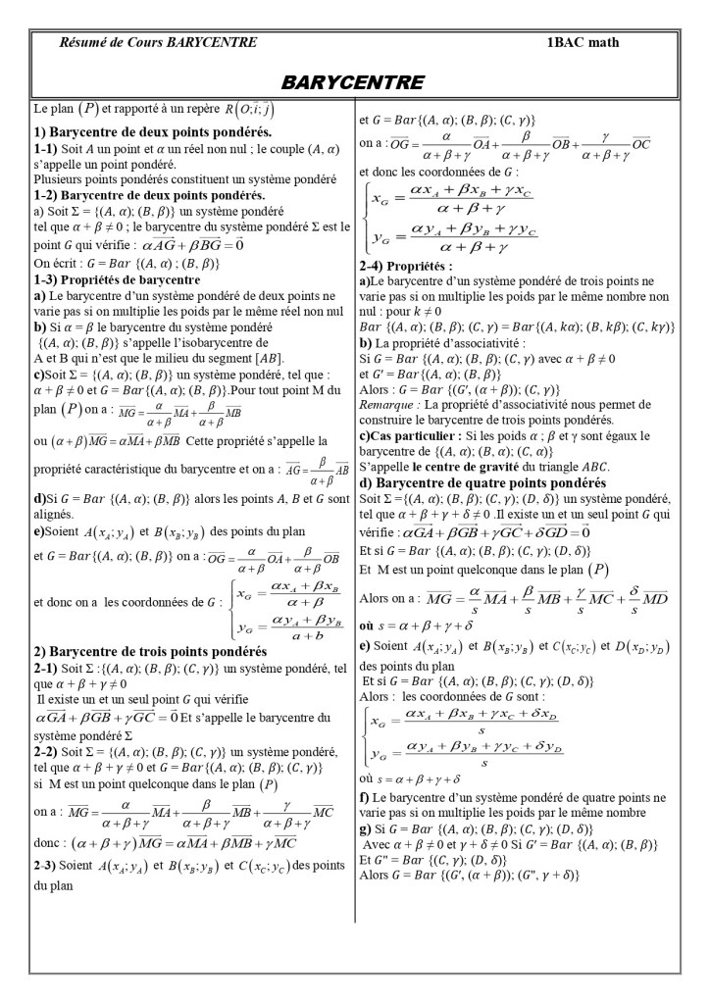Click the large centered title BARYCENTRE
tap(352, 81)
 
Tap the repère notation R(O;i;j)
tap(234, 110)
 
